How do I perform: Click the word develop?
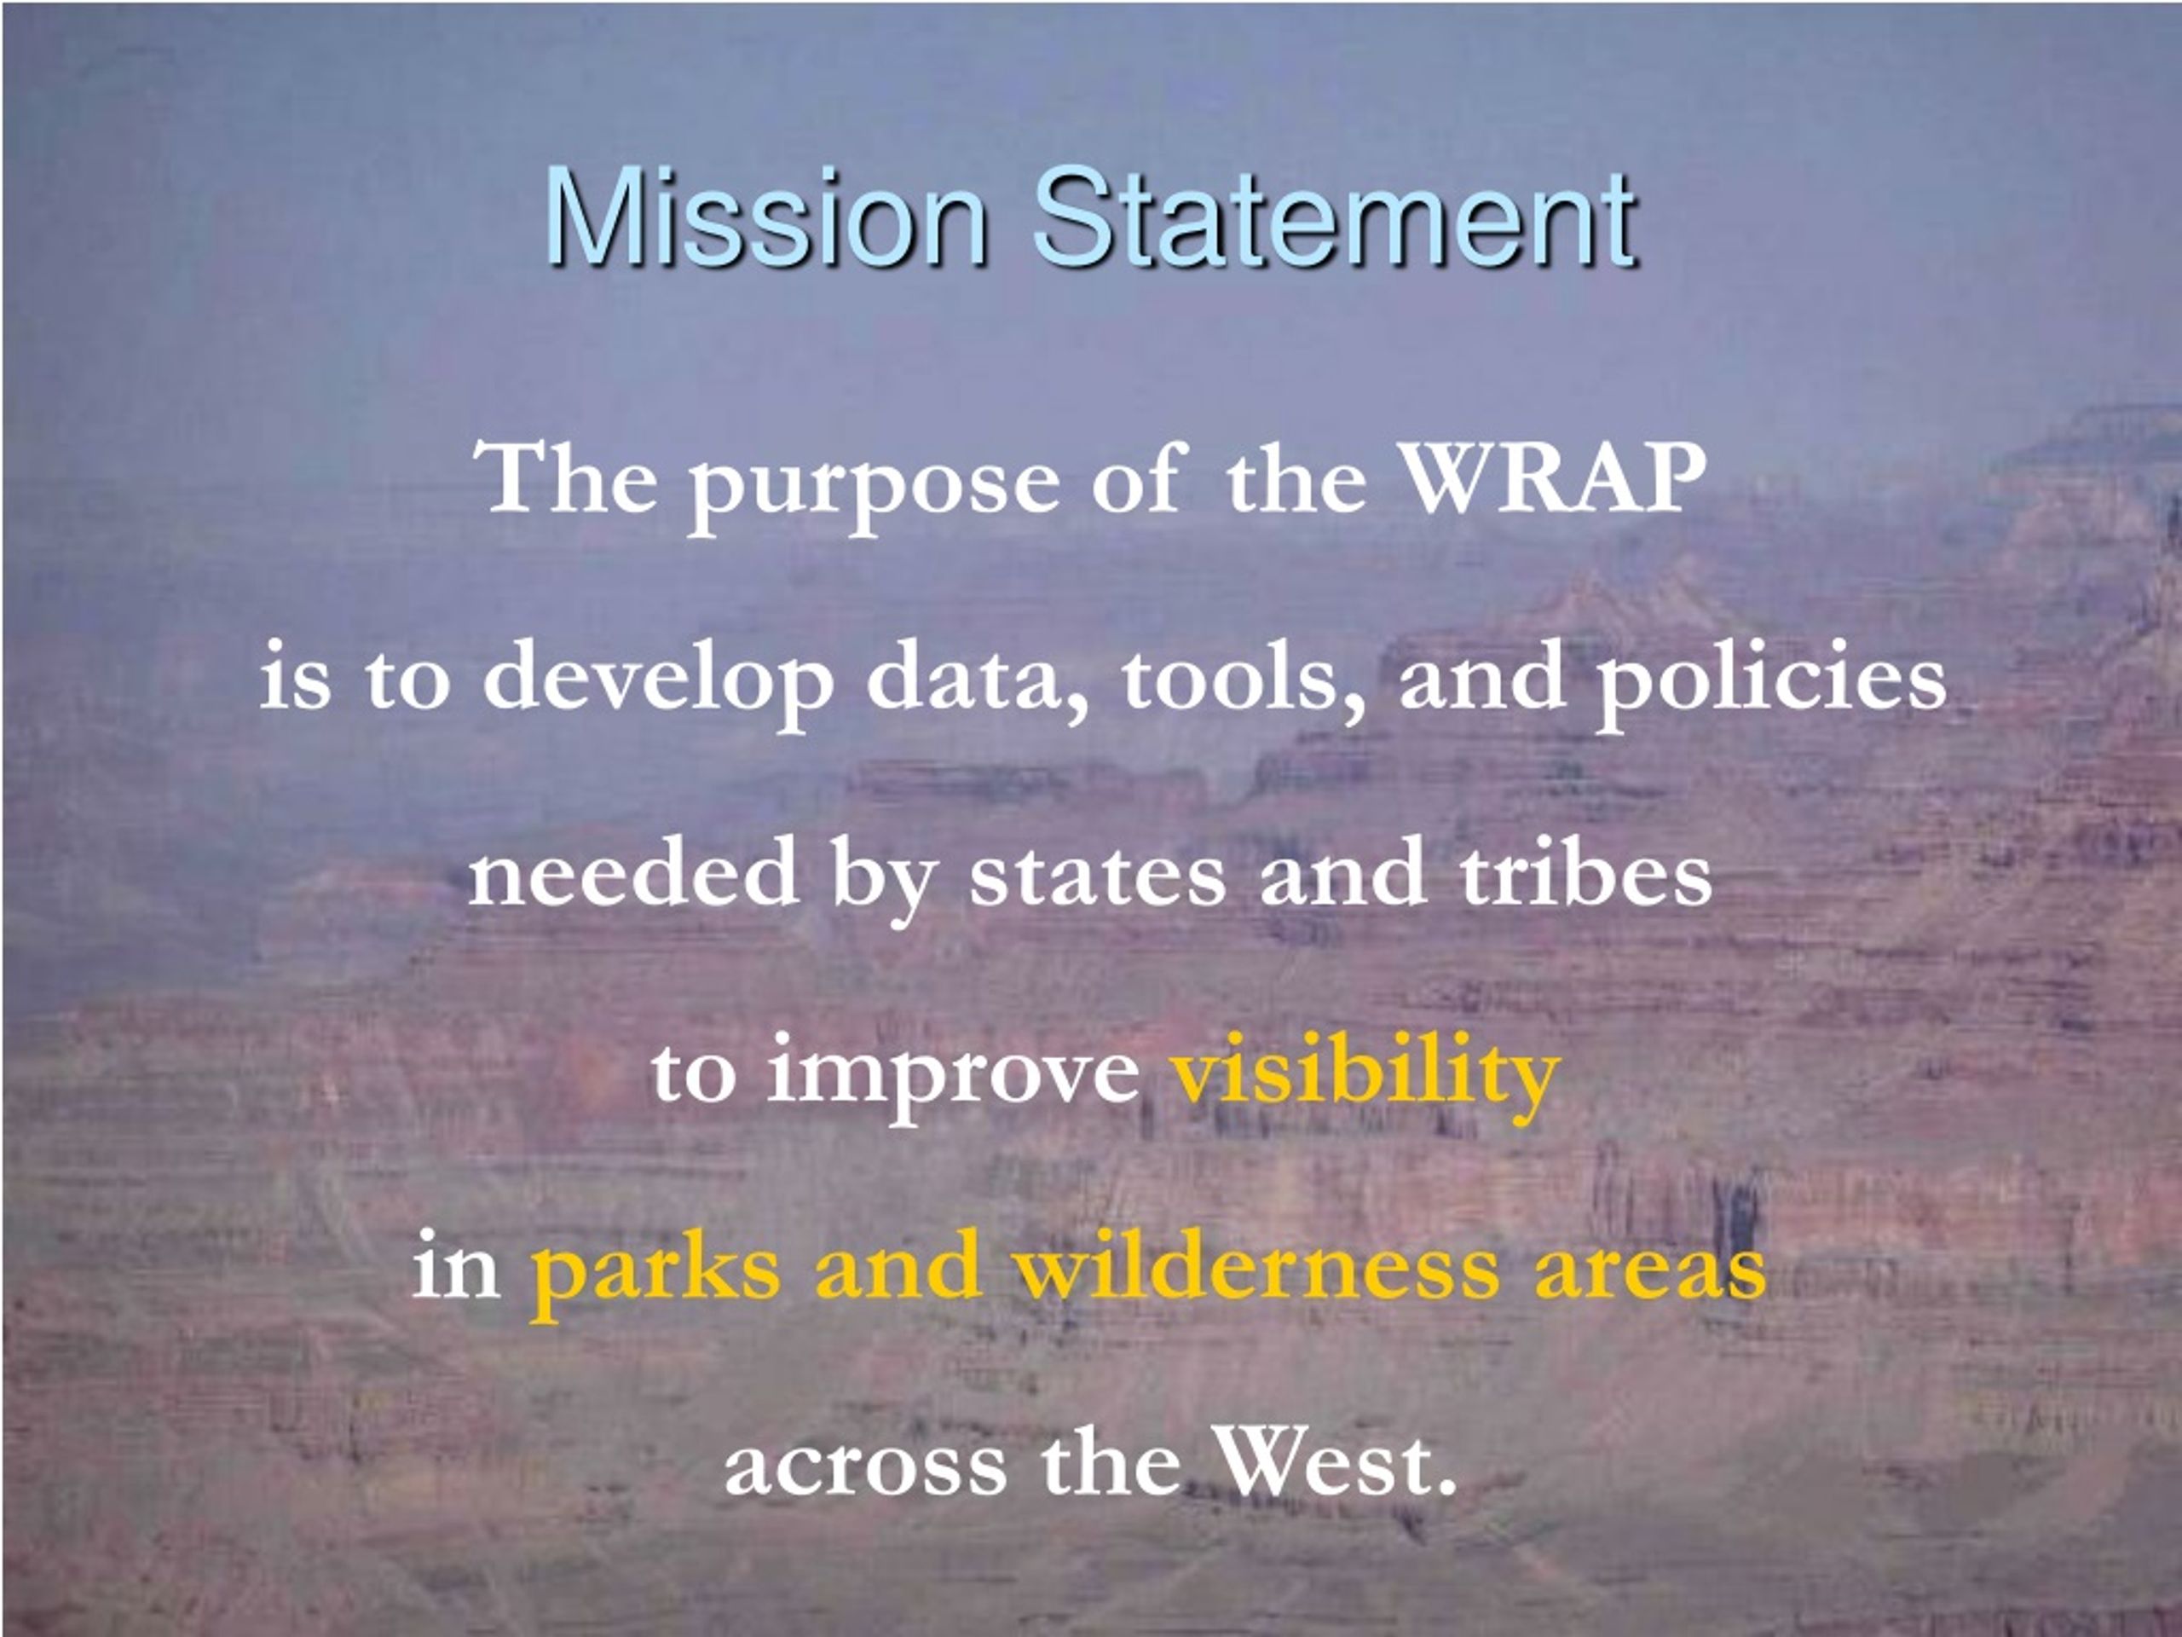(658, 679)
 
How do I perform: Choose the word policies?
(1773, 679)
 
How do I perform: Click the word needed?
(633, 871)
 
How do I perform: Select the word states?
(1097, 874)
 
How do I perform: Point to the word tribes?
(1585, 871)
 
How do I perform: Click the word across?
(866, 1467)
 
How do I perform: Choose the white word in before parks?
(456, 1265)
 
